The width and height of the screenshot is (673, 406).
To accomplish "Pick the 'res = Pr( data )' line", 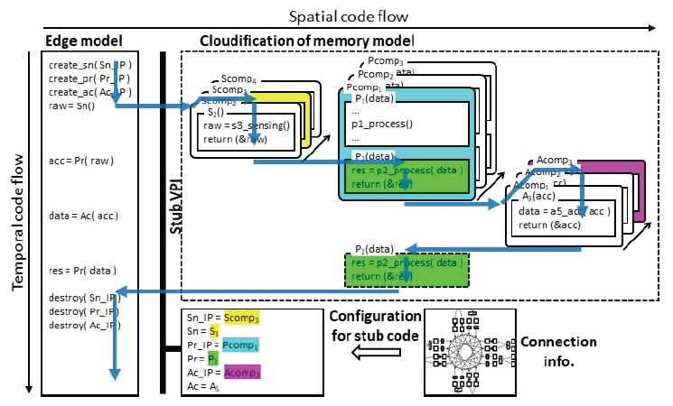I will click(x=84, y=271).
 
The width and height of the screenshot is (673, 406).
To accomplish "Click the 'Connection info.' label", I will click(x=558, y=349).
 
